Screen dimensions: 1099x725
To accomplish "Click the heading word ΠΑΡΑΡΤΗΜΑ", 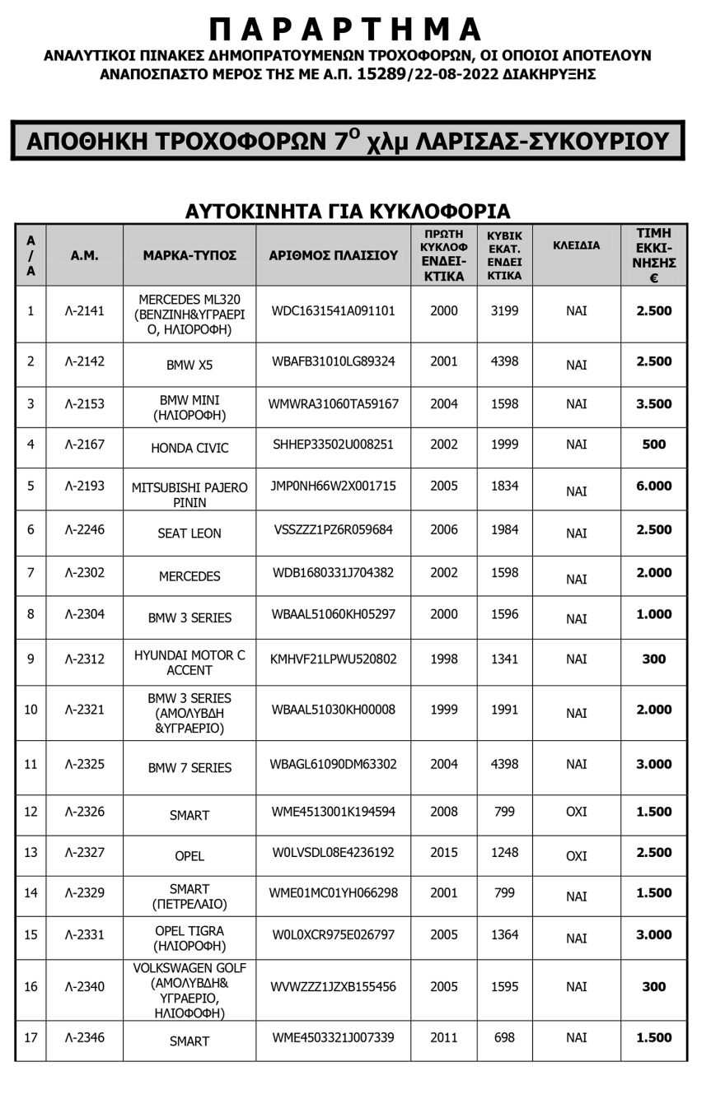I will pos(346,30).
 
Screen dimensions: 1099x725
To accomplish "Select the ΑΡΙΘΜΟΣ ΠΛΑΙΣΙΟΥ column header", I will pos(333,256).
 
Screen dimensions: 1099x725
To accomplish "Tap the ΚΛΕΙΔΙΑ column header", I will pos(576,245).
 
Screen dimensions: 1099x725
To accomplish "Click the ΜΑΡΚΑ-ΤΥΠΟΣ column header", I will pos(189,256).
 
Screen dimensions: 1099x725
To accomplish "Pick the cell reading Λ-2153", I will pos(84,404).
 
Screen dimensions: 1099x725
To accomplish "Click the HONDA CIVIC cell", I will pos(189,449).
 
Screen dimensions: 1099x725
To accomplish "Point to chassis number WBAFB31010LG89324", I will pos(333,361).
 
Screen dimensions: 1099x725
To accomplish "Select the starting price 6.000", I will pos(653,487).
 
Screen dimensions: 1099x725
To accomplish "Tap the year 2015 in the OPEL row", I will pos(443,853).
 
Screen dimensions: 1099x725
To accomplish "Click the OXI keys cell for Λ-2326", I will pos(576,813).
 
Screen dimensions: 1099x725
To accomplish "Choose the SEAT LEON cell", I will pos(189,533).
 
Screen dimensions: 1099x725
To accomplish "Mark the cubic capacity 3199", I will pos(503,311).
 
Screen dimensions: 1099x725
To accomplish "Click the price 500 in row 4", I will pos(653,445).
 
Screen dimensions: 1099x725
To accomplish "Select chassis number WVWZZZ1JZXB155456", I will pos(333,987).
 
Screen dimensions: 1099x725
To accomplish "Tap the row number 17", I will pos(30,1038).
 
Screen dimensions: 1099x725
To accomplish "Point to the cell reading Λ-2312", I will pos(84,659).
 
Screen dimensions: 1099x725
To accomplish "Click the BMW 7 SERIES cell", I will pos(189,768).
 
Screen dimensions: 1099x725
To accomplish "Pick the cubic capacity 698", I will pos(503,1038).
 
